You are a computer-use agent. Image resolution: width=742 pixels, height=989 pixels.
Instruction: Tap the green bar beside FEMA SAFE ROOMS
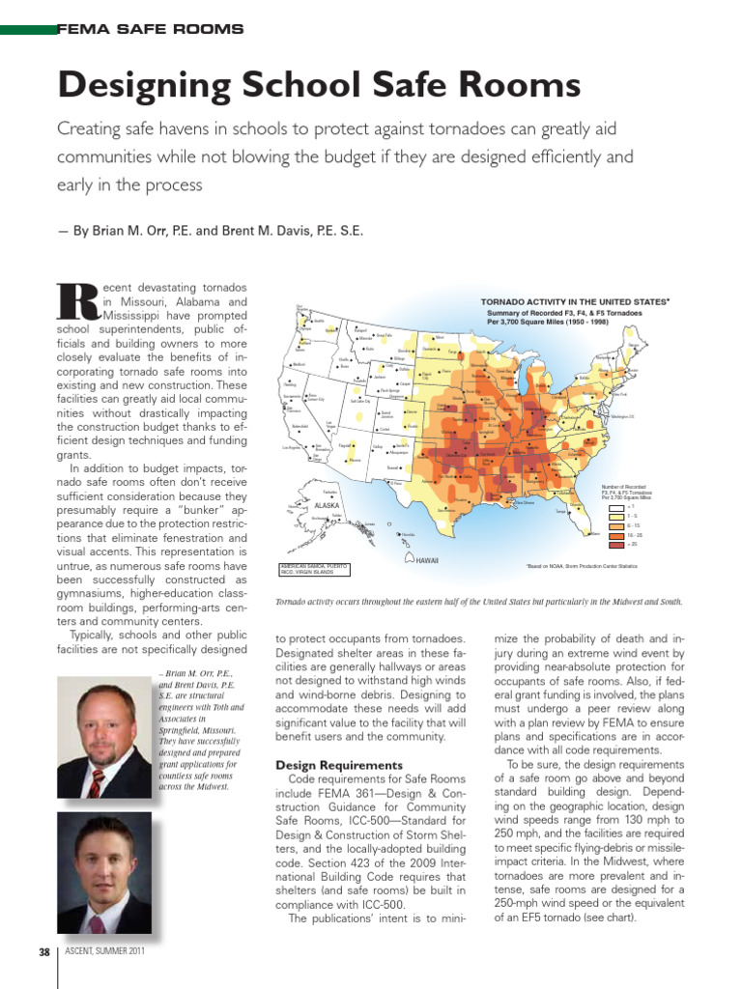pos(28,30)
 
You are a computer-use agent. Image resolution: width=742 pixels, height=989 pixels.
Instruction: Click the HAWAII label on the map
pos(428,560)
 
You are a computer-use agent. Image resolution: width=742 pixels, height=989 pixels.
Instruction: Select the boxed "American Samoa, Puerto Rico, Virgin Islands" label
pos(314,569)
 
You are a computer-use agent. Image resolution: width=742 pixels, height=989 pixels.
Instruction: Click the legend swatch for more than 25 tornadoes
pos(615,544)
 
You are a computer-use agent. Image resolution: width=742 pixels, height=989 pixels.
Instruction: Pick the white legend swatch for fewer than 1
pos(615,505)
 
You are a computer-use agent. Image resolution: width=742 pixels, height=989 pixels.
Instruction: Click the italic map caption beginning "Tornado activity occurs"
pos(479,602)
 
